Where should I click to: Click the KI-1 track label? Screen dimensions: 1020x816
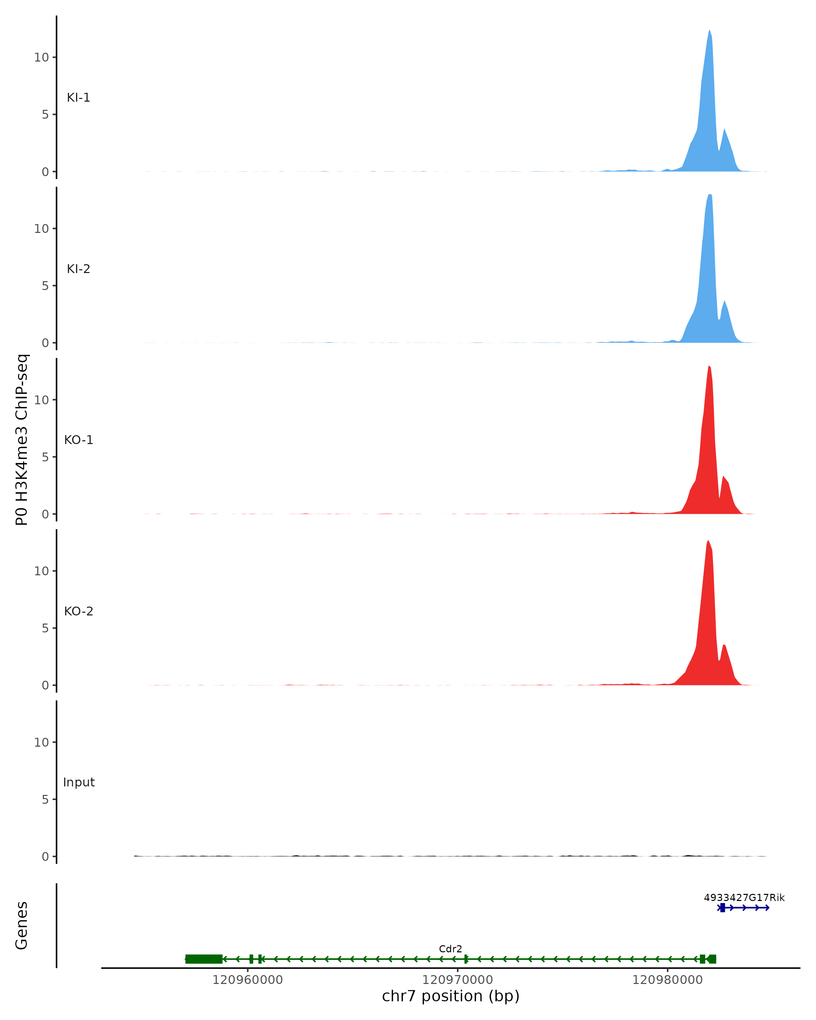(x=79, y=98)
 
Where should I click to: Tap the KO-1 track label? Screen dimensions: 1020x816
(x=79, y=440)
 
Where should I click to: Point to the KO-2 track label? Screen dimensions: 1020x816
(x=79, y=612)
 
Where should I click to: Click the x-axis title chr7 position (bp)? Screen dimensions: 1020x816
(x=451, y=996)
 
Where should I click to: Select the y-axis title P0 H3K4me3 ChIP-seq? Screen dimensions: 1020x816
(x=22, y=440)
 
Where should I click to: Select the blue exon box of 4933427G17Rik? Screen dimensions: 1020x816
(x=722, y=908)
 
